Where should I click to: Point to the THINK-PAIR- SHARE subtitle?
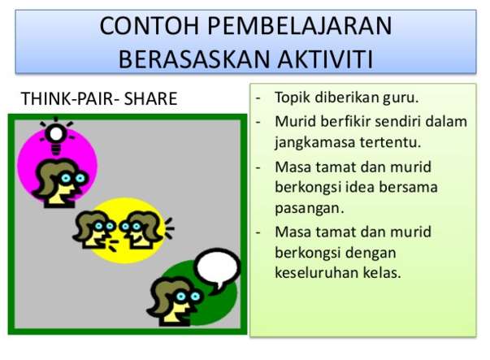[x=98, y=100]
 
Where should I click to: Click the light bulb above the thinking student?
[x=56, y=134]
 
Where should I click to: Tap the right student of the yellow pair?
[x=140, y=228]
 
